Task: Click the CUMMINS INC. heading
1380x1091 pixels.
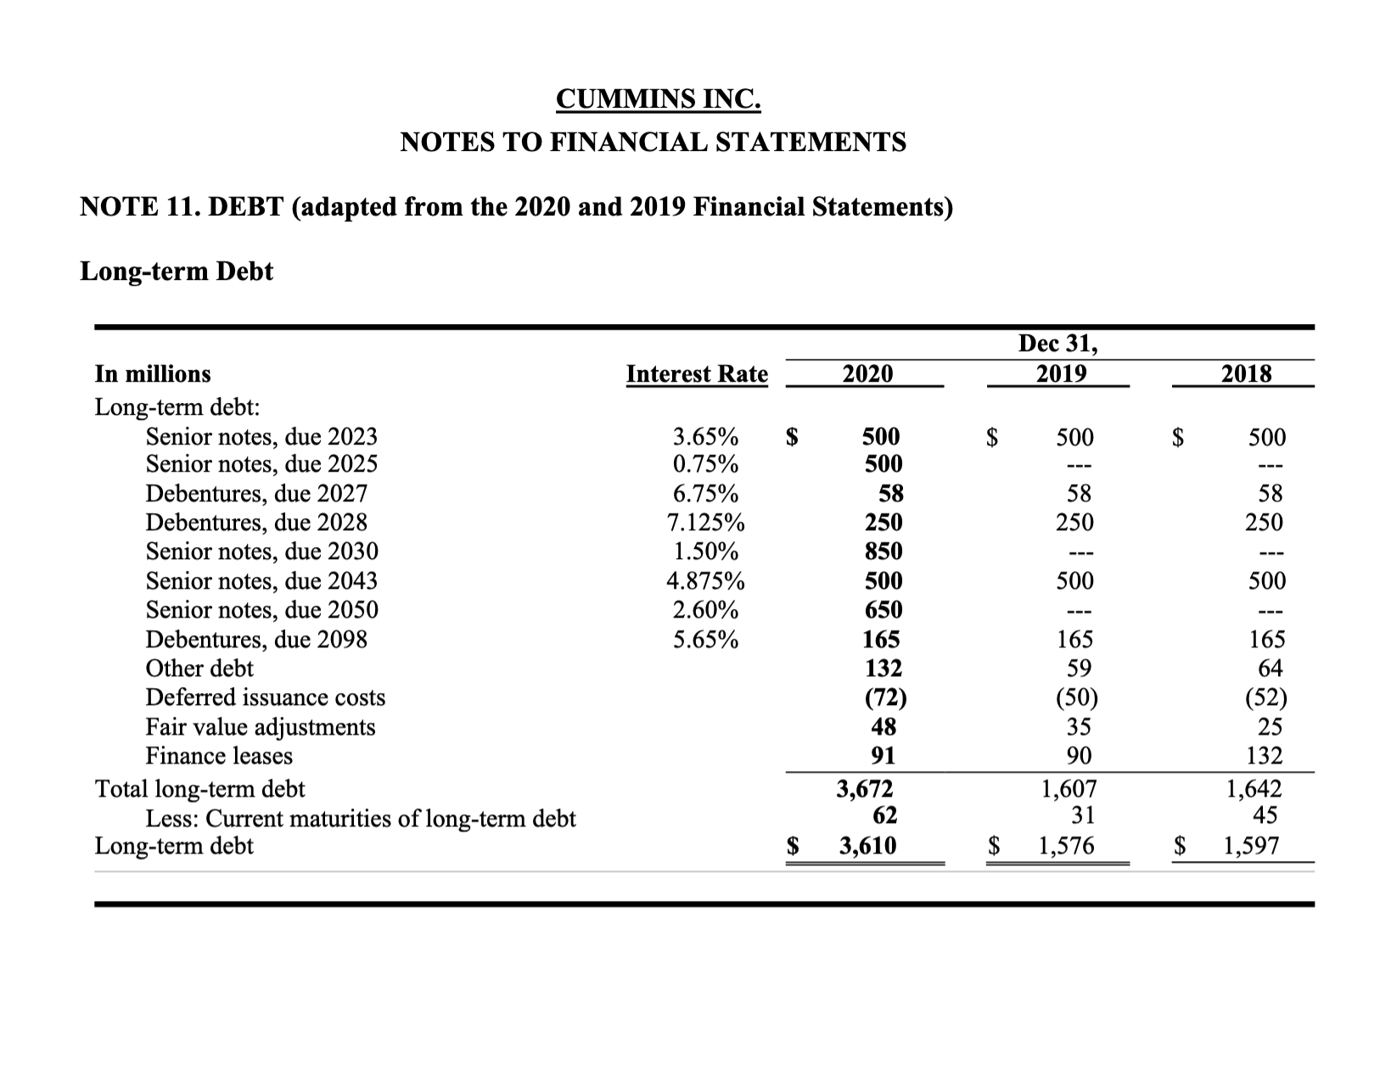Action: click(x=658, y=99)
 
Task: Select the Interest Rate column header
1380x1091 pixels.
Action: click(x=697, y=374)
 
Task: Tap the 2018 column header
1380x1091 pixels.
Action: click(x=1246, y=374)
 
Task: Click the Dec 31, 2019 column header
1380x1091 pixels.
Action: click(x=1057, y=359)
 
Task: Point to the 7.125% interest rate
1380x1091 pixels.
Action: click(x=705, y=523)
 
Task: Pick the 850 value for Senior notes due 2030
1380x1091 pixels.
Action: click(x=883, y=551)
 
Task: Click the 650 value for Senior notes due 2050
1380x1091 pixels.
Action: click(x=883, y=610)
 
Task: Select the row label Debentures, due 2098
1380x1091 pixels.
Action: click(x=256, y=639)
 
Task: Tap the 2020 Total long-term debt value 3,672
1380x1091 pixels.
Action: click(x=865, y=789)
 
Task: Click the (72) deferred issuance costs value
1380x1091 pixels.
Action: click(x=884, y=697)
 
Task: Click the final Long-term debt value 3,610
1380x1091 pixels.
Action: click(x=867, y=846)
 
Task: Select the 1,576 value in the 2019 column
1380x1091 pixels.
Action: click(x=1067, y=846)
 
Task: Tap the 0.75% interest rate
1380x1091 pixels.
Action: click(x=705, y=464)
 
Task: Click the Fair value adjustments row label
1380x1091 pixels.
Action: click(x=261, y=727)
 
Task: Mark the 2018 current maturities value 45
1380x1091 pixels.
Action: click(x=1267, y=815)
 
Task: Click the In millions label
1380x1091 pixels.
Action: click(x=153, y=374)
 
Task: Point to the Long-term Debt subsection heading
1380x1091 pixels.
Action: click(x=177, y=271)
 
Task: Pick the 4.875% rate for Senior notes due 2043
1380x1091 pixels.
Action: click(x=705, y=581)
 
